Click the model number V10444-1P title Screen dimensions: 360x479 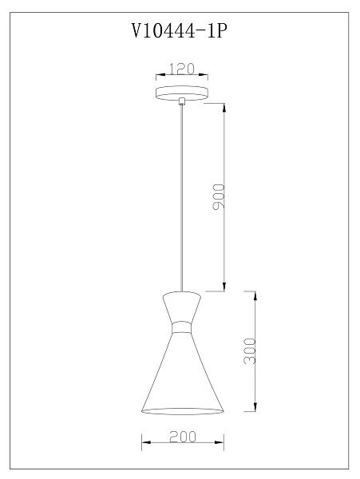pos(180,30)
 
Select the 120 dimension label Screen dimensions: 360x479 pos(182,69)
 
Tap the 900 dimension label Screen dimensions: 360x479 pos(219,197)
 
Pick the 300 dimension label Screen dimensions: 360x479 pos(250,351)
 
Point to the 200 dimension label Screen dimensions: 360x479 pos(183,437)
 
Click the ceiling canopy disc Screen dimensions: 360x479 pos(182,93)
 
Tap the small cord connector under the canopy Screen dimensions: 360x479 pos(182,101)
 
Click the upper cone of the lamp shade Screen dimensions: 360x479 pos(182,307)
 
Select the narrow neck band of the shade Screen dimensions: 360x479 pos(182,327)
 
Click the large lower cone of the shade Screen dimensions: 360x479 pos(182,374)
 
